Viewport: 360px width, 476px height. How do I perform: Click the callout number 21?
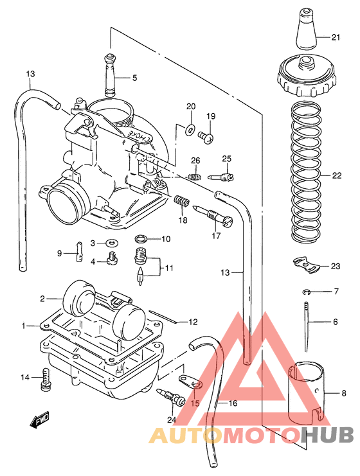click(x=335, y=37)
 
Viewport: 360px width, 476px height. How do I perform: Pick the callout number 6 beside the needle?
click(x=334, y=321)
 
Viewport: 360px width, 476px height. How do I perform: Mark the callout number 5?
click(x=135, y=78)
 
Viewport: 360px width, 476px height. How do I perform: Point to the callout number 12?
click(x=192, y=321)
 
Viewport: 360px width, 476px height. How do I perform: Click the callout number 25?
click(x=226, y=159)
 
